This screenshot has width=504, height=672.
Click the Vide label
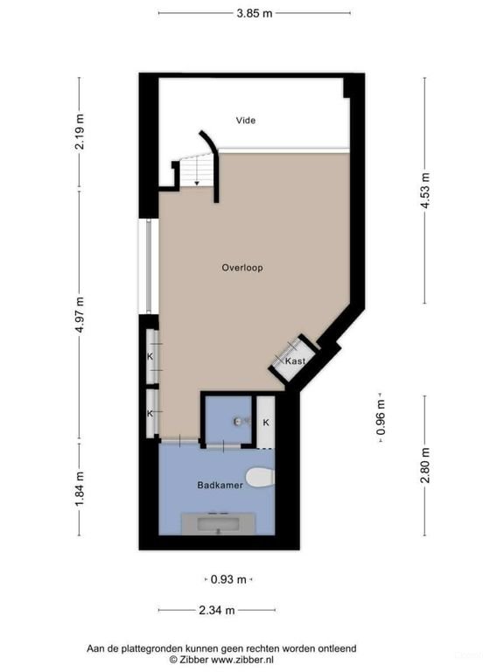tap(246, 121)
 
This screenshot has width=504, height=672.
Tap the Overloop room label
tap(242, 268)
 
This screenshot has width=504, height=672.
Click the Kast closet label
tap(294, 360)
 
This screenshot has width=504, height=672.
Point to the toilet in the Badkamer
tap(260, 477)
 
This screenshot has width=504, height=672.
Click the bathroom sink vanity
tap(219, 523)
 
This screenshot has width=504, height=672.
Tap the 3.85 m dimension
tap(254, 13)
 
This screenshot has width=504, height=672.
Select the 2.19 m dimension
tap(80, 132)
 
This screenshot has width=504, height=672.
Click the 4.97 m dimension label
tap(80, 312)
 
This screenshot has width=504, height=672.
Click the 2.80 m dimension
tap(425, 465)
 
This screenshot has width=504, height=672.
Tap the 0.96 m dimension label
tap(381, 418)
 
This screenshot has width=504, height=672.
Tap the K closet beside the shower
tap(266, 423)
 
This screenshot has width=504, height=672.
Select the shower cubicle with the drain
tap(227, 421)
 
